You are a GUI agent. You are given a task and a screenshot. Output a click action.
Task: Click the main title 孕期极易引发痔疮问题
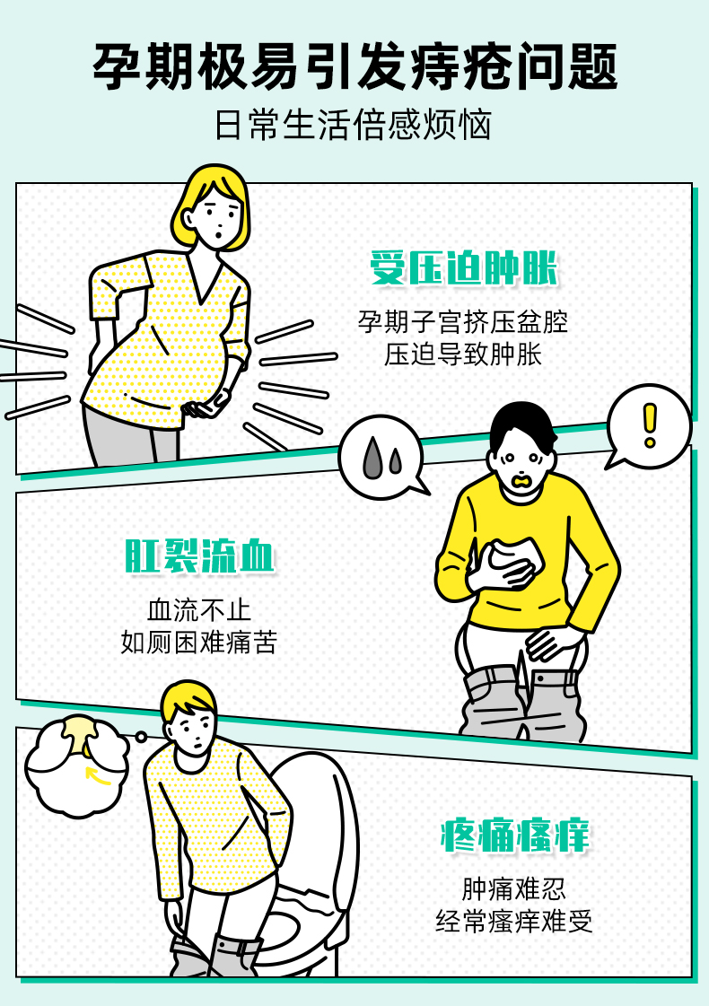(x=354, y=66)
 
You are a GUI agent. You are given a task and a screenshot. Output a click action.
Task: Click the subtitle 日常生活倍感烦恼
(x=353, y=125)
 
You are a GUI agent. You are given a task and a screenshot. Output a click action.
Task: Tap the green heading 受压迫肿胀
(x=463, y=267)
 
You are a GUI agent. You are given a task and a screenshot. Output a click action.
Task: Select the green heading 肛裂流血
(x=199, y=555)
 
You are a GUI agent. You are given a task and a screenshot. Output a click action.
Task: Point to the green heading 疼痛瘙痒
(x=514, y=835)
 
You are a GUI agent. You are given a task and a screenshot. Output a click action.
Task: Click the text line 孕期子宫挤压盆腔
(x=462, y=321)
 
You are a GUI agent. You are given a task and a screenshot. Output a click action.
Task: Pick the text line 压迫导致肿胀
(x=462, y=354)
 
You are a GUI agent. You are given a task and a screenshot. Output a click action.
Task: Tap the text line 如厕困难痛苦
(x=199, y=643)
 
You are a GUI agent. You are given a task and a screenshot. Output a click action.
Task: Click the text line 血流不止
(x=199, y=609)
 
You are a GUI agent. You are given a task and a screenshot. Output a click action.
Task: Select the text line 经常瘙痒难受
(x=514, y=922)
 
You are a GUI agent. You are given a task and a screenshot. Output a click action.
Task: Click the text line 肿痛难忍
(x=514, y=888)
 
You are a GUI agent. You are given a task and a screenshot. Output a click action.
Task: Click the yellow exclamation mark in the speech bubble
(x=650, y=425)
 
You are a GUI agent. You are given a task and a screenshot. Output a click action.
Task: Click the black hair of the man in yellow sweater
(x=522, y=426)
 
